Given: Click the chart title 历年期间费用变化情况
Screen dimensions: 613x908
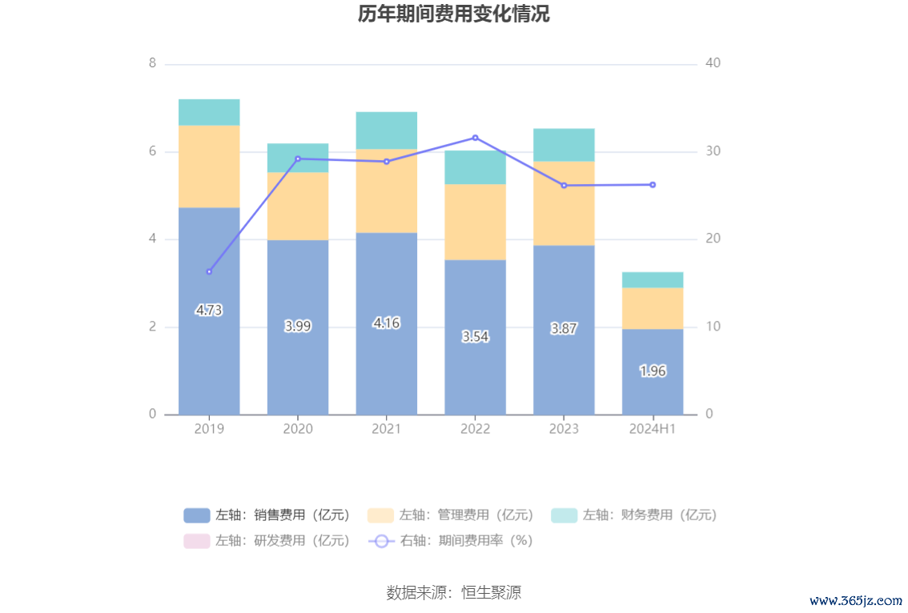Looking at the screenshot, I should click(x=453, y=14).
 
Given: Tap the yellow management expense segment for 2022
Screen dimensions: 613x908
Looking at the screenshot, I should click(x=475, y=222).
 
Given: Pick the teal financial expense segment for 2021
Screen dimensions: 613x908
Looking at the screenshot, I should click(x=386, y=130).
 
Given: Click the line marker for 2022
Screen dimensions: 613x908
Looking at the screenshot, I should click(x=475, y=138).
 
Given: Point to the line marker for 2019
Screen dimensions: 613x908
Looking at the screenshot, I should click(x=209, y=271).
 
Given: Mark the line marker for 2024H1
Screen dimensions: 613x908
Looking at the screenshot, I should click(x=653, y=185).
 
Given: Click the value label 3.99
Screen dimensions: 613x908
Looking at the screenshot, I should click(x=298, y=326).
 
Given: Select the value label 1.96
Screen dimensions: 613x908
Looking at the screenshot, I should click(x=653, y=371).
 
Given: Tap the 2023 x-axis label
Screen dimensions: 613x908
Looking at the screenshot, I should click(x=564, y=429).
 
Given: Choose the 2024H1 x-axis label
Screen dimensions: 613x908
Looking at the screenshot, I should click(x=653, y=429).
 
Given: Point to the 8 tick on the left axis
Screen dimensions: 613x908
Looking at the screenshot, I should click(x=152, y=63).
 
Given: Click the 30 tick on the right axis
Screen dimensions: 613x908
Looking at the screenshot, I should click(x=713, y=151).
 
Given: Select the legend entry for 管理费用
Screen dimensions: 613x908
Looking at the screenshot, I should click(x=451, y=515).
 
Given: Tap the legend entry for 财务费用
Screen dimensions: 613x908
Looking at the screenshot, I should click(x=634, y=515).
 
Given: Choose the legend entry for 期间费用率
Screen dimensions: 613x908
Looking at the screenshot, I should click(x=451, y=541).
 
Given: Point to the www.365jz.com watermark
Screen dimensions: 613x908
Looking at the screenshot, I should click(x=855, y=599).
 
